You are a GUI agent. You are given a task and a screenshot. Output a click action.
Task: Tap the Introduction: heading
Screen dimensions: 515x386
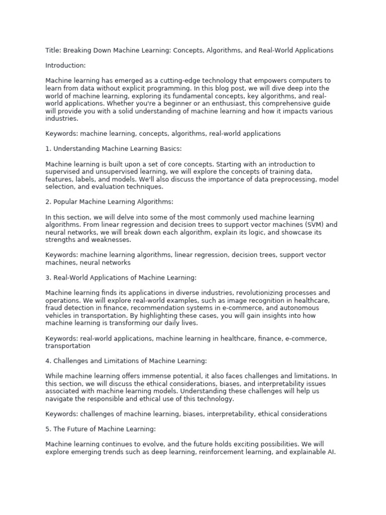click(x=65, y=65)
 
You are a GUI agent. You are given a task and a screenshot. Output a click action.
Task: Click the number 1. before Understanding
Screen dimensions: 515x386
click(x=48, y=149)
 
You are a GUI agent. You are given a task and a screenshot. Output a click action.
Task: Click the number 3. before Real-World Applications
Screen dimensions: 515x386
click(x=48, y=278)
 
